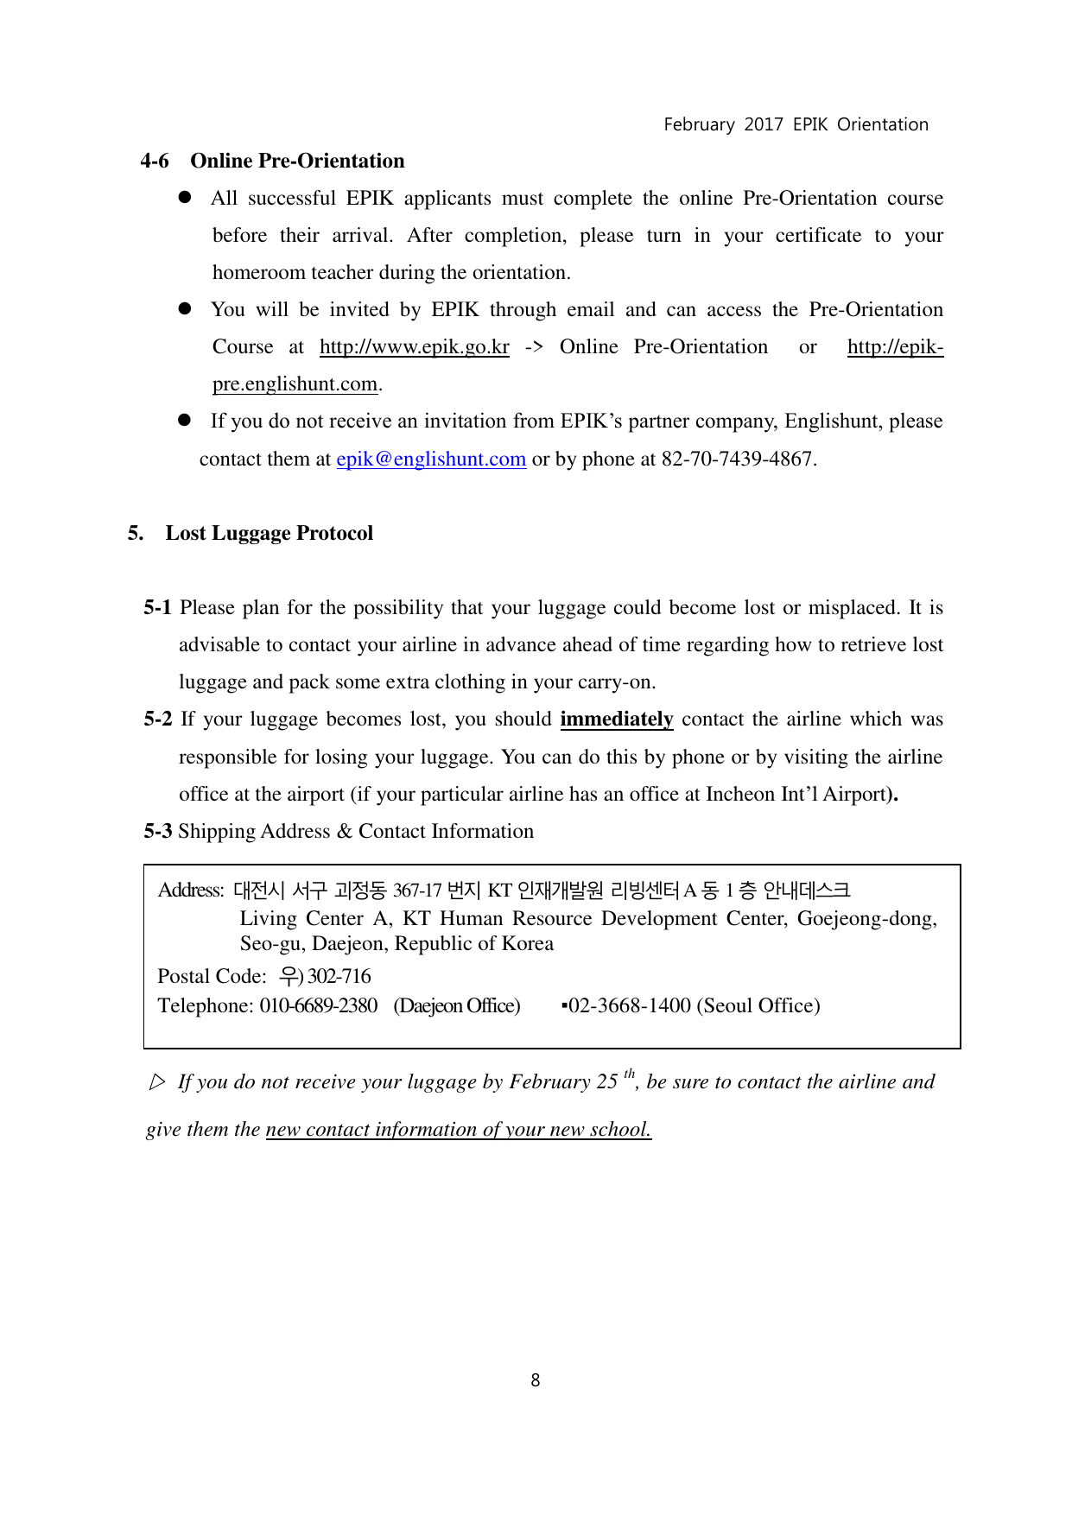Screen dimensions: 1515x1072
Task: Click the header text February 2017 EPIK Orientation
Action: coord(796,124)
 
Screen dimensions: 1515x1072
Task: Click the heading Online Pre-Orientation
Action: coord(297,161)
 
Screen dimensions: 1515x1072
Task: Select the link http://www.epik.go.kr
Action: coord(414,347)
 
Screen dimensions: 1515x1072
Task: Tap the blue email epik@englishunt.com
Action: coord(431,460)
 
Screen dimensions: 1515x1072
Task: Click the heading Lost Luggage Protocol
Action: coord(269,533)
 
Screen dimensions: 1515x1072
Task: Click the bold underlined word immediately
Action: coord(616,719)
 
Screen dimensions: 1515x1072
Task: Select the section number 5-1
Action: coord(157,608)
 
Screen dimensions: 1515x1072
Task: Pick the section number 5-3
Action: coord(157,832)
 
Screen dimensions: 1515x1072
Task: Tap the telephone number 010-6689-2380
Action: coord(318,1006)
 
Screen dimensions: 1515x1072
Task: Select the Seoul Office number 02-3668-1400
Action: coord(629,1006)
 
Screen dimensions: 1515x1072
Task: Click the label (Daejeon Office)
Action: coord(457,1006)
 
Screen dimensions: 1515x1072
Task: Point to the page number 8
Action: coord(536,1380)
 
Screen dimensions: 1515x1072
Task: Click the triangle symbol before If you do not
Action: coord(157,1082)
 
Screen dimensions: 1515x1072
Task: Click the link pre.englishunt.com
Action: coord(295,384)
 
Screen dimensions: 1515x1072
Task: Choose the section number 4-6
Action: coord(155,161)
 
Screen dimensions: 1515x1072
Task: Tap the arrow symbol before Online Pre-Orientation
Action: coord(534,347)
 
